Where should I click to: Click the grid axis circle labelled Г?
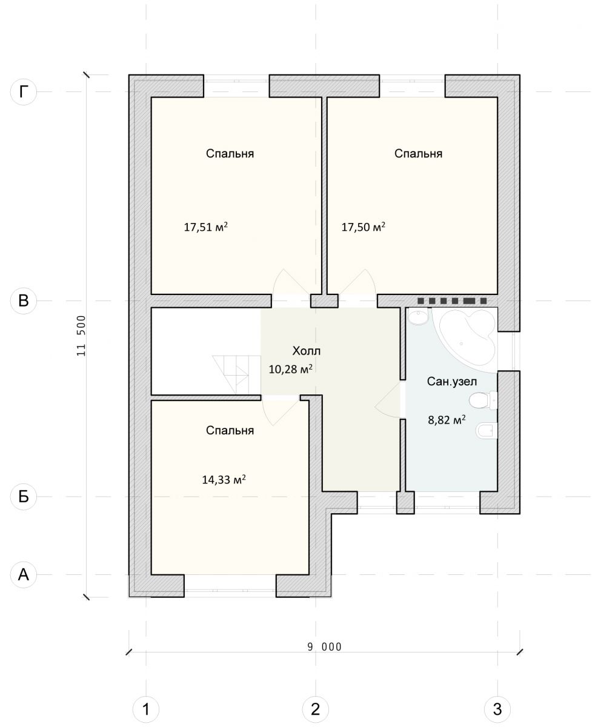point(24,91)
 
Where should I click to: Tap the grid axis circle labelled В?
point(24,300)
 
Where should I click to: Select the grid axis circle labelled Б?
point(24,497)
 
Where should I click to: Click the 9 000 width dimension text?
point(324,647)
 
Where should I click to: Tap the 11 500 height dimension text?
point(81,336)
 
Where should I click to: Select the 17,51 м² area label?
point(206,227)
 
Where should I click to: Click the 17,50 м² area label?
point(364,227)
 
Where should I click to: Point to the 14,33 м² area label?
point(224,479)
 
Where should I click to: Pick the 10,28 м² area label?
point(291,369)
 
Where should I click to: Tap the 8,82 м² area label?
point(447,419)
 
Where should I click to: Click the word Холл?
point(307,351)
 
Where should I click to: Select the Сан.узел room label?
point(452,381)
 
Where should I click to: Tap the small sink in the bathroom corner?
point(417,316)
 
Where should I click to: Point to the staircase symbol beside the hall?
point(236,374)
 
